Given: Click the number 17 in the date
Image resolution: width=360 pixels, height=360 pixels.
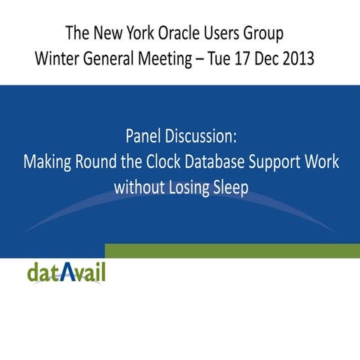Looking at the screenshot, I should pos(244,58).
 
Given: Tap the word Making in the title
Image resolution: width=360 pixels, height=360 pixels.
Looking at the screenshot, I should pos(45,162).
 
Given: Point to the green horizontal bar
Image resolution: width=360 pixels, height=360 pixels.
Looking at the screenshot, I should pos(232,250).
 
